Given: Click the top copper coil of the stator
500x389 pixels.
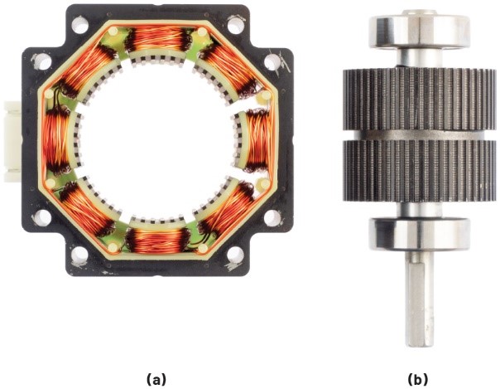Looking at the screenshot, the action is (157, 40).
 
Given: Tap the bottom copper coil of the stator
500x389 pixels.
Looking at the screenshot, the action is (157, 241).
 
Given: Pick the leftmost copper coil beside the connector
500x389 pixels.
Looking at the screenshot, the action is (56, 140).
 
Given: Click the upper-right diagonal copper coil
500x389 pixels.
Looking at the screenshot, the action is (228, 69).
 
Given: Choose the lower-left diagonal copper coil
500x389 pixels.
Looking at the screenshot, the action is (86, 209).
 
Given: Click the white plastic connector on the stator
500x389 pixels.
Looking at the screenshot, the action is (12, 141).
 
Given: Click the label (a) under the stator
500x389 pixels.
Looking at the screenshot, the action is (156, 379).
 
